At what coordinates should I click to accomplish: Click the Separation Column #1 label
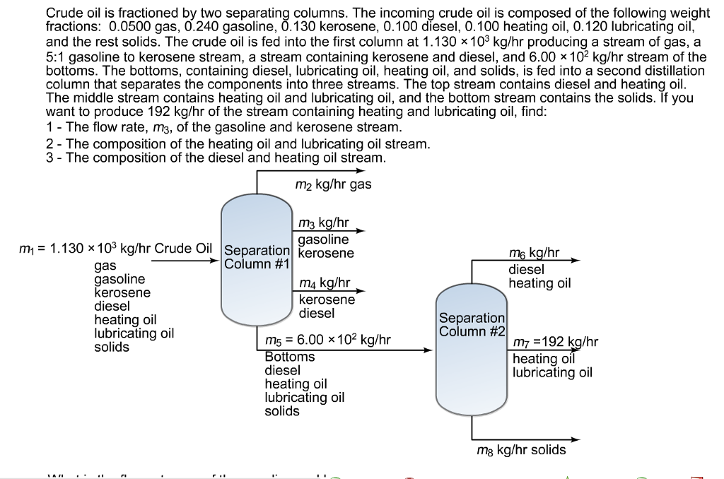coord(257,257)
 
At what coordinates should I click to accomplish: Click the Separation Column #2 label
coord(472,325)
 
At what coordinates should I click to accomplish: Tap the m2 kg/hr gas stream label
coord(332,184)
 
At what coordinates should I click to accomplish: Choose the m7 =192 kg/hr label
coord(555,343)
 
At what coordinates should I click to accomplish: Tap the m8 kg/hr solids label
coord(522,449)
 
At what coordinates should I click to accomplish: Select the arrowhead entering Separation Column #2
coord(428,349)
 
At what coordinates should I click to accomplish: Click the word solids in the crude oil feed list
coord(112,348)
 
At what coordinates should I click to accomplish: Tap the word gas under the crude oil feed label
coord(105,266)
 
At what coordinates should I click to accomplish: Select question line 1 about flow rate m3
coord(223,127)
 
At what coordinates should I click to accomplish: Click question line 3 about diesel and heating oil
coord(216,158)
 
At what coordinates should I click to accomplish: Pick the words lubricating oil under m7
coord(552,372)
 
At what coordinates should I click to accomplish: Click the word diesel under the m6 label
coord(526,268)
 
